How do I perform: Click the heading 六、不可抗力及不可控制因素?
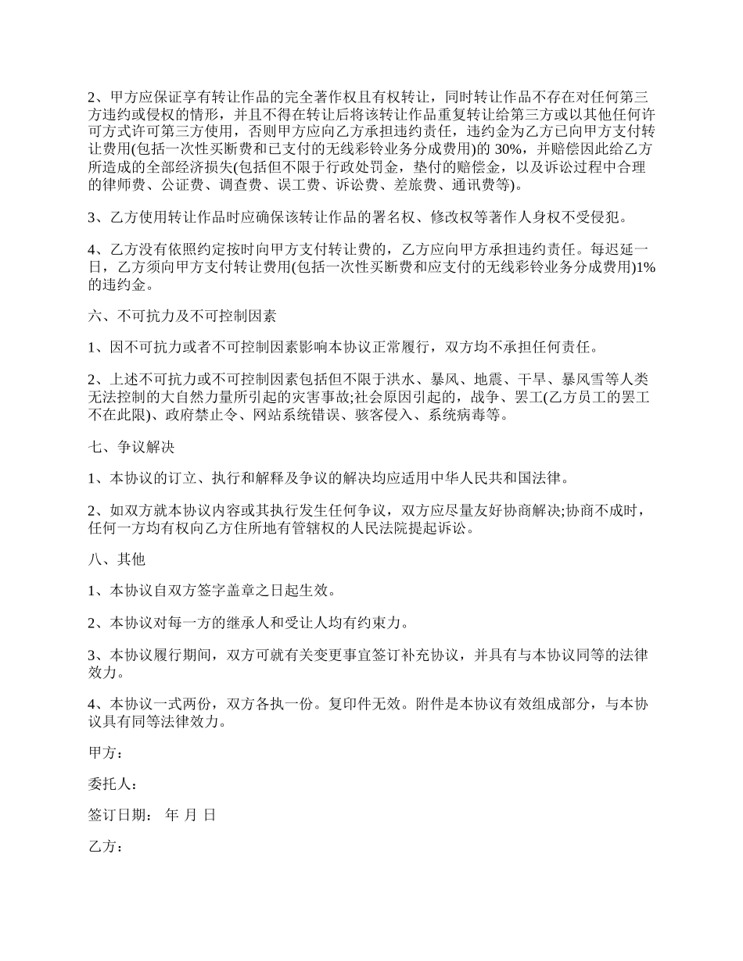pos(181,317)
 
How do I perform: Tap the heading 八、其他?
pos(117,560)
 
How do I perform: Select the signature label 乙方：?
pos(106,846)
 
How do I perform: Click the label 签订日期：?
pos(124,815)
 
